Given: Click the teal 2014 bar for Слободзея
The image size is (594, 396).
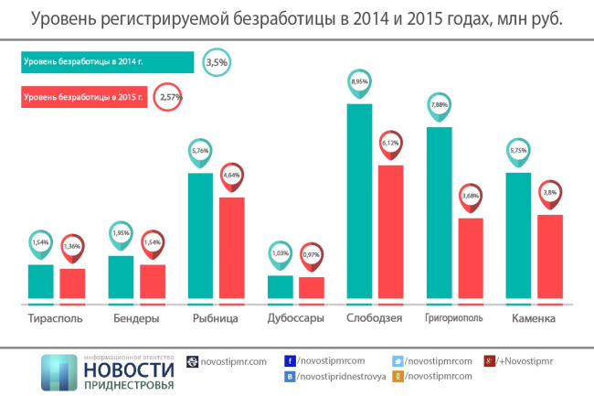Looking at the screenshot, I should [359, 201].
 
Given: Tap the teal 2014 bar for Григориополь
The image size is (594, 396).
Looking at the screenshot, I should [439, 212].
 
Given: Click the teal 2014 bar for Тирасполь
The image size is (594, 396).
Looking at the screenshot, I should [41, 281].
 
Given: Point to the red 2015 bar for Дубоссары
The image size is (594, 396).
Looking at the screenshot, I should [312, 287].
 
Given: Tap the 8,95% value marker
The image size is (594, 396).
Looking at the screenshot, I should [359, 81].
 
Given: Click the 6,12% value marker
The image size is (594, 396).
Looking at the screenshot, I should [391, 143].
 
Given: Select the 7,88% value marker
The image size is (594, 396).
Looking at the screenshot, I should [439, 104].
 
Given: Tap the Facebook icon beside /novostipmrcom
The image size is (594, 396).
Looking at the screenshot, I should [290, 361].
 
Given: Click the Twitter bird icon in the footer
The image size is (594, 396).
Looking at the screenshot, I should [398, 361].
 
